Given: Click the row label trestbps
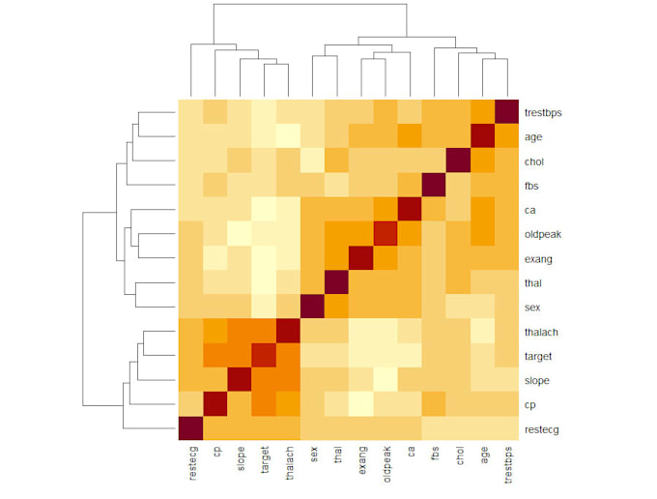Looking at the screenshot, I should (543, 113).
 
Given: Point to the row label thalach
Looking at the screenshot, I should (541, 332).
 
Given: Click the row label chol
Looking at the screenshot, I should (534, 161).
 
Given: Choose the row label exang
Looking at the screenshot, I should (537, 258).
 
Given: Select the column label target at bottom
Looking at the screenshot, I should (264, 460).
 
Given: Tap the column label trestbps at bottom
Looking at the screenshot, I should (507, 465).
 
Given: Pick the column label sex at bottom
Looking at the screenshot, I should (312, 455).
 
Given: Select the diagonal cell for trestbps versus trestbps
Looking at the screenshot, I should (506, 112).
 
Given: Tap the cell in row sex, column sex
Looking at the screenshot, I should (312, 307).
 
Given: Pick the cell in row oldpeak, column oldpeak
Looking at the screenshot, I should (385, 234).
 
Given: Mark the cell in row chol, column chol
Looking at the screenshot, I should (458, 161).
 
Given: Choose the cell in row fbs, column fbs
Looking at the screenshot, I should (434, 185).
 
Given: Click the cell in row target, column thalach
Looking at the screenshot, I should (288, 355).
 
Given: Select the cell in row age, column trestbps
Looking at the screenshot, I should (506, 136).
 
